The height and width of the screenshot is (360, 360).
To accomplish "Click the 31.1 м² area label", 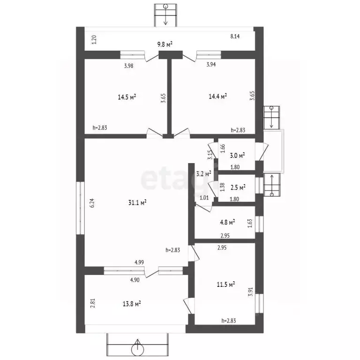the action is (137, 202).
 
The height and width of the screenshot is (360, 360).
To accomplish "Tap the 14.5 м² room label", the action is (127, 97).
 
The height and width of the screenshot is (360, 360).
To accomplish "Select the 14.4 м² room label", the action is (218, 96).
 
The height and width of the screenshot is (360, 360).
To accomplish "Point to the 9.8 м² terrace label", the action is (165, 44).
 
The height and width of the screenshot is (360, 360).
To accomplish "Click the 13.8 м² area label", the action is (132, 304).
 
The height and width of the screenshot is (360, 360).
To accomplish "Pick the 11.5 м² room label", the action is (226, 285).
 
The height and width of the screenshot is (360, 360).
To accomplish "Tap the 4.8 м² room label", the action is (227, 222).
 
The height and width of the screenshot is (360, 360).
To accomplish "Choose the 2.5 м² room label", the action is (238, 187).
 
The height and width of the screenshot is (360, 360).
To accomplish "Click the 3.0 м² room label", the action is (237, 156).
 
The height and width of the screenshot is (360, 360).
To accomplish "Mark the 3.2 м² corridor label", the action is (204, 174).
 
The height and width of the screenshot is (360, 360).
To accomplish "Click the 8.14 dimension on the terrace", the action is (235, 36).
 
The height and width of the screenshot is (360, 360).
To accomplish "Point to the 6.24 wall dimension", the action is (92, 203).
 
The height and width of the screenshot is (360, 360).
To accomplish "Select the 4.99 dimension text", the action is (139, 262).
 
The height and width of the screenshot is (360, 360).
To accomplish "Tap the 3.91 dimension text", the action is (250, 292).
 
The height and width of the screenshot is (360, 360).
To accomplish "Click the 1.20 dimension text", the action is (94, 39).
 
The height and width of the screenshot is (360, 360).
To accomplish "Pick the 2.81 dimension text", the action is (92, 303).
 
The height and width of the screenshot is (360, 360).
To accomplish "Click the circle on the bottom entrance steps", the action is (137, 350).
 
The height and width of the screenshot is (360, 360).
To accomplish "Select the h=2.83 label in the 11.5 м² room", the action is (229, 321).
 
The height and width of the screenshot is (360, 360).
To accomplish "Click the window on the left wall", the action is (80, 208).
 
